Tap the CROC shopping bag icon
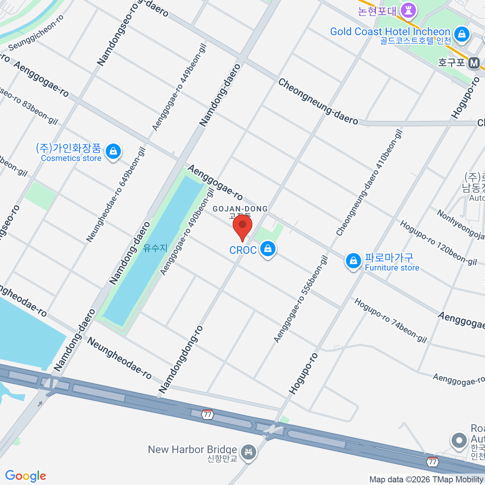(x=268, y=249)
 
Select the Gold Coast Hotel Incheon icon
(x=461, y=34)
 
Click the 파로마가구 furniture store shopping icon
(x=353, y=261)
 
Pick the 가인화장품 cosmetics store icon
(x=113, y=152)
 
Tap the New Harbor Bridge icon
(x=248, y=452)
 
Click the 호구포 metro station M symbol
(x=474, y=63)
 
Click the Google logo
(x=25, y=476)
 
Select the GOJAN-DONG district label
(x=240, y=209)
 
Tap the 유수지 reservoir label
(x=155, y=248)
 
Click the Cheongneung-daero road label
(x=318, y=101)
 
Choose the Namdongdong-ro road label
(x=181, y=359)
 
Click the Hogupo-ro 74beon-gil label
(x=390, y=321)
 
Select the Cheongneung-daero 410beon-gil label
(x=369, y=182)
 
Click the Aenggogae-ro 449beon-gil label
(x=179, y=87)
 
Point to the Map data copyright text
(x=426, y=480)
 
